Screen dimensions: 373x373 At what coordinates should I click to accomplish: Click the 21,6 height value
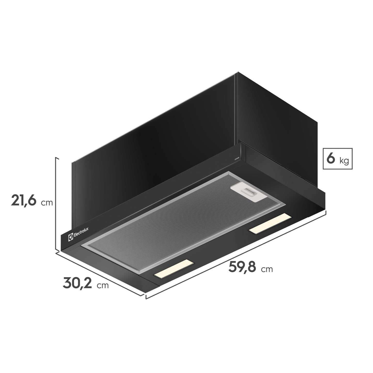pyautogui.click(x=23, y=200)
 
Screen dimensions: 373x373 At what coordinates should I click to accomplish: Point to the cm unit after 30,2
pyautogui.click(x=103, y=285)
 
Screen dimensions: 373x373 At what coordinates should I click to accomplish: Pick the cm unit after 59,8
pyautogui.click(x=267, y=269)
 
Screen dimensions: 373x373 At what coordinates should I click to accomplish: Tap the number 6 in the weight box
pyautogui.click(x=331, y=159)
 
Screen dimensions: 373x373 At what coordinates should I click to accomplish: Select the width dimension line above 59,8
pyautogui.click(x=236, y=254)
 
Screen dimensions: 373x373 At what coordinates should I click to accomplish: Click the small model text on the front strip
pyautogui.click(x=236, y=159)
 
